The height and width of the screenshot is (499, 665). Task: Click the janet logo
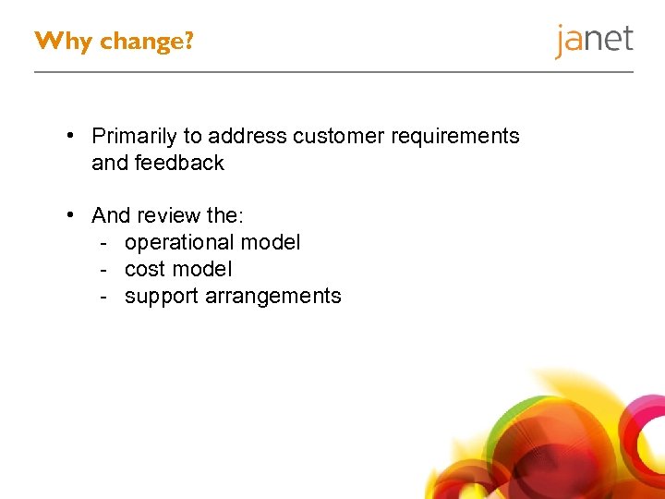point(594,41)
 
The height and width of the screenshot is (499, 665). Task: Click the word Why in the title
point(63,42)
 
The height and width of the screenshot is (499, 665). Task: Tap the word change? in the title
point(147,42)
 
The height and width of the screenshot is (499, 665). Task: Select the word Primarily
point(134,137)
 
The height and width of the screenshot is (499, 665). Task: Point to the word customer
point(339,137)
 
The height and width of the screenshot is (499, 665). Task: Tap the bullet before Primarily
point(70,137)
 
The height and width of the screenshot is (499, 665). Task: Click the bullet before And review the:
point(70,216)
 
